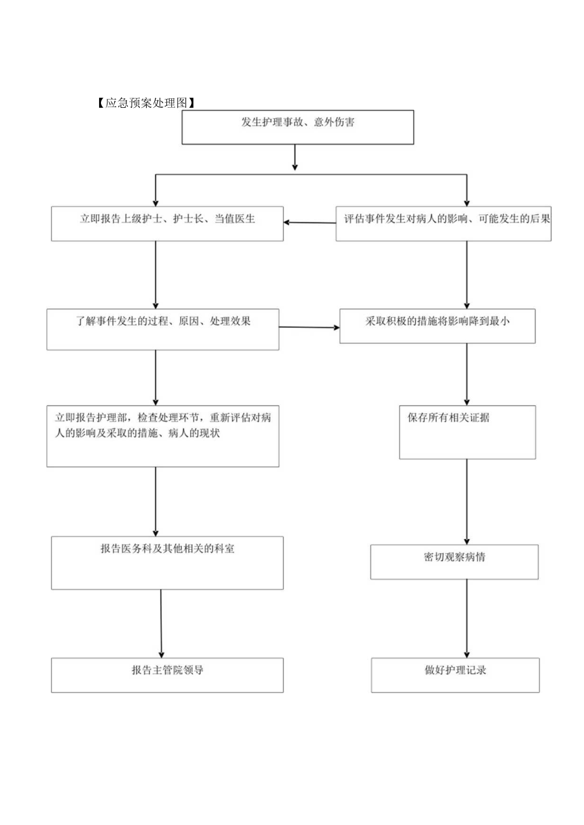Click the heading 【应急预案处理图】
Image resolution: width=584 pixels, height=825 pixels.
tap(145, 103)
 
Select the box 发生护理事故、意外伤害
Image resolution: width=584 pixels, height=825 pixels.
tap(298, 127)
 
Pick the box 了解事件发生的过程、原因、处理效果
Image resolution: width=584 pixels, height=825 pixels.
tap(163, 329)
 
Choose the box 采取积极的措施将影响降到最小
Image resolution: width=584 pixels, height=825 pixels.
tap(437, 326)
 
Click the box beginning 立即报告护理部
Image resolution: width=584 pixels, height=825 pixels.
tap(163, 436)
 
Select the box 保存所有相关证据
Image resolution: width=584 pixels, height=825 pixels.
tap(467, 432)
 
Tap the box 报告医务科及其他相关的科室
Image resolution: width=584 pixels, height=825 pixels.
tap(167, 562)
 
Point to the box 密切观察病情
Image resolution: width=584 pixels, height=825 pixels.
tap(454, 562)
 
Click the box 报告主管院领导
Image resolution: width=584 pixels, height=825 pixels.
tap(167, 675)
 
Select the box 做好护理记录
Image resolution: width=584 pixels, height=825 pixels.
tap(455, 675)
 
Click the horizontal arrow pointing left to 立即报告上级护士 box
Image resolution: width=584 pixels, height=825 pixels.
tap(310, 223)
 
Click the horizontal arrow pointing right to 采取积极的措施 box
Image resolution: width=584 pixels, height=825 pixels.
tap(309, 327)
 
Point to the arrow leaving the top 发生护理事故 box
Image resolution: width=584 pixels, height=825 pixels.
tap(295, 157)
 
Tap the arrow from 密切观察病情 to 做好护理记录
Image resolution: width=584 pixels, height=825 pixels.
tap(467, 618)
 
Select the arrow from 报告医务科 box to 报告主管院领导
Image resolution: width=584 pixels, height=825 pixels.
tap(161, 623)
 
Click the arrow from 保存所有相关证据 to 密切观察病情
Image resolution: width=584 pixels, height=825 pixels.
tap(467, 501)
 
